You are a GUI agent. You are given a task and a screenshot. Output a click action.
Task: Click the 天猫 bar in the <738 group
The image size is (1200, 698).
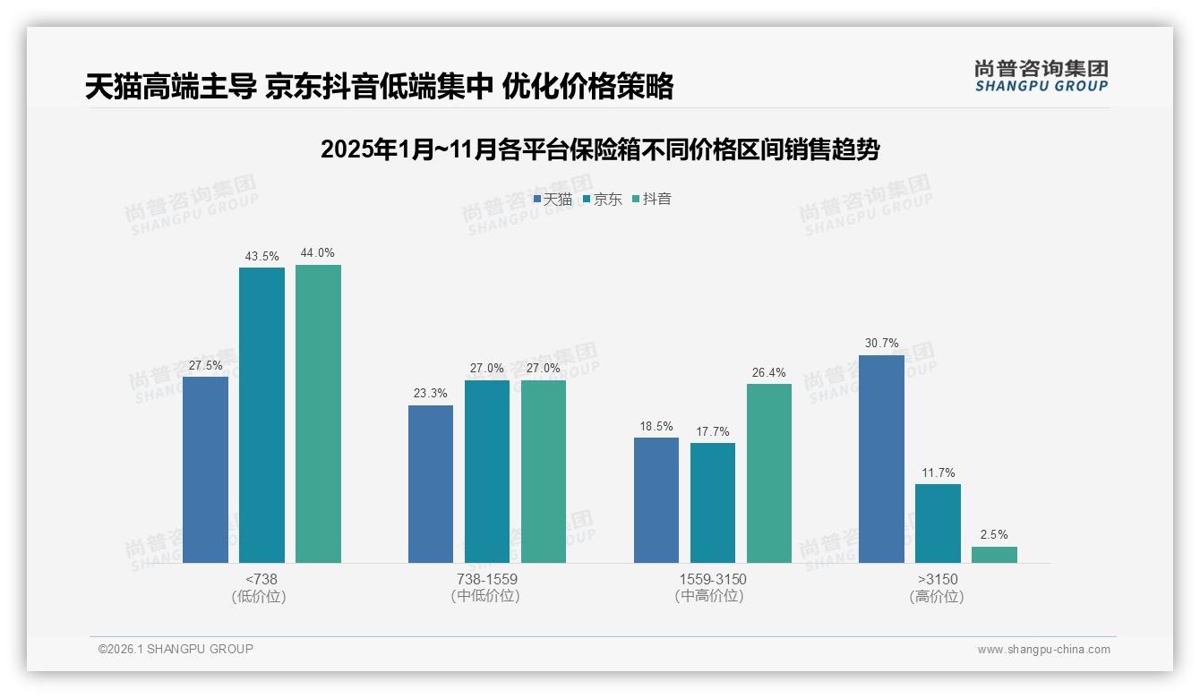[x=205, y=470]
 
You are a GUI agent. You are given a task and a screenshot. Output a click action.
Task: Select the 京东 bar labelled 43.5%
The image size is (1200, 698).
[x=261, y=415]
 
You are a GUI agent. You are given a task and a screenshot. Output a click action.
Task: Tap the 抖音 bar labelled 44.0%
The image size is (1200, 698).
[x=318, y=413]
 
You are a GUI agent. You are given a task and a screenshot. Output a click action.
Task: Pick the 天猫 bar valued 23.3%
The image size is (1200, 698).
[x=431, y=484]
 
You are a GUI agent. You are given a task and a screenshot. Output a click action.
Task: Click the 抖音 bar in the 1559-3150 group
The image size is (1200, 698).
[x=769, y=473]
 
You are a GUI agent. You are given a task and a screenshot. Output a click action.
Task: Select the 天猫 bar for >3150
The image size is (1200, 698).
[x=881, y=459]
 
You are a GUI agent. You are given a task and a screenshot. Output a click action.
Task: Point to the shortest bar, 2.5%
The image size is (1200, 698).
[x=994, y=555]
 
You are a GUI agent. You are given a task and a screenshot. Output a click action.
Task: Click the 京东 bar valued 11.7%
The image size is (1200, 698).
[x=938, y=523]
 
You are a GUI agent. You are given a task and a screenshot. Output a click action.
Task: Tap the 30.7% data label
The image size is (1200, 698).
[x=881, y=344]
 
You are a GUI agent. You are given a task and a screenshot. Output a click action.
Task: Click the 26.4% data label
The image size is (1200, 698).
[x=769, y=372]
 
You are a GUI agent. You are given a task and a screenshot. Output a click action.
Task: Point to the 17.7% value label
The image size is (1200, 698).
[x=713, y=431]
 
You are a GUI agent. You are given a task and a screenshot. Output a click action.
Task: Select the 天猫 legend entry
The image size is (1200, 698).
[x=553, y=200]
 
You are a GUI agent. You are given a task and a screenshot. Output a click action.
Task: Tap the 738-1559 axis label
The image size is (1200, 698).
[x=487, y=579]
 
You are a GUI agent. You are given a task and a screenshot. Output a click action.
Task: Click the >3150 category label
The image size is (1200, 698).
[x=938, y=579]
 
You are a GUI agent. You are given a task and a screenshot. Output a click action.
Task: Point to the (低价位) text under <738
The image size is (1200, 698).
[x=261, y=596]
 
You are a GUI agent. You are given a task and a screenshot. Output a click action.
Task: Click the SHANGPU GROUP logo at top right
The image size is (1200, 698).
[x=1041, y=76]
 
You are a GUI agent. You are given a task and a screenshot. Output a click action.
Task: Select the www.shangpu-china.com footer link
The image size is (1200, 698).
[x=1043, y=650]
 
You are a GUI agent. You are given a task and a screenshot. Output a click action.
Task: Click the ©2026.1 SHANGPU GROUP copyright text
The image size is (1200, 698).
[x=176, y=649]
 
